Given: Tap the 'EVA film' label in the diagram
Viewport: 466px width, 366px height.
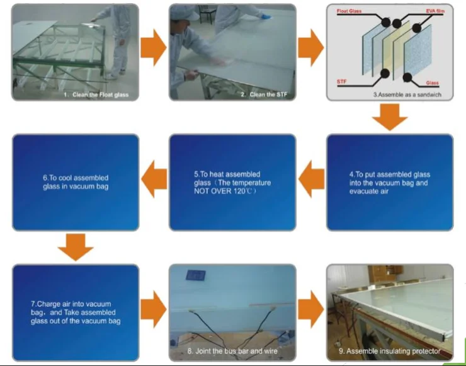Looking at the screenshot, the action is (435, 12).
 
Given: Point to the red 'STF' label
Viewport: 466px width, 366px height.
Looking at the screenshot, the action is (342, 82).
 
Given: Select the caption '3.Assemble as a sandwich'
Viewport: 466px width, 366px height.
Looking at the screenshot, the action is (406, 94).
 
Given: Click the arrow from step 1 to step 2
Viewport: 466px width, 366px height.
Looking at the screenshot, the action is (153, 49).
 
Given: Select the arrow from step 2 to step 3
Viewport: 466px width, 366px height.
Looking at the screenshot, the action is (310, 49).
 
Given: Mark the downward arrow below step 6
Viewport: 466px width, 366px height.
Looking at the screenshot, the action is (75, 246).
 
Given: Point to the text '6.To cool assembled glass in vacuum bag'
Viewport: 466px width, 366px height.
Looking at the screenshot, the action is (75, 182).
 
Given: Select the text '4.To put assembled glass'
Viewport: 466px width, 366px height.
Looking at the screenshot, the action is (390, 174).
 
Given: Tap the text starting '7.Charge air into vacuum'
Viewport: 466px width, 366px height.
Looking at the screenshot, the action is (76, 304).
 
